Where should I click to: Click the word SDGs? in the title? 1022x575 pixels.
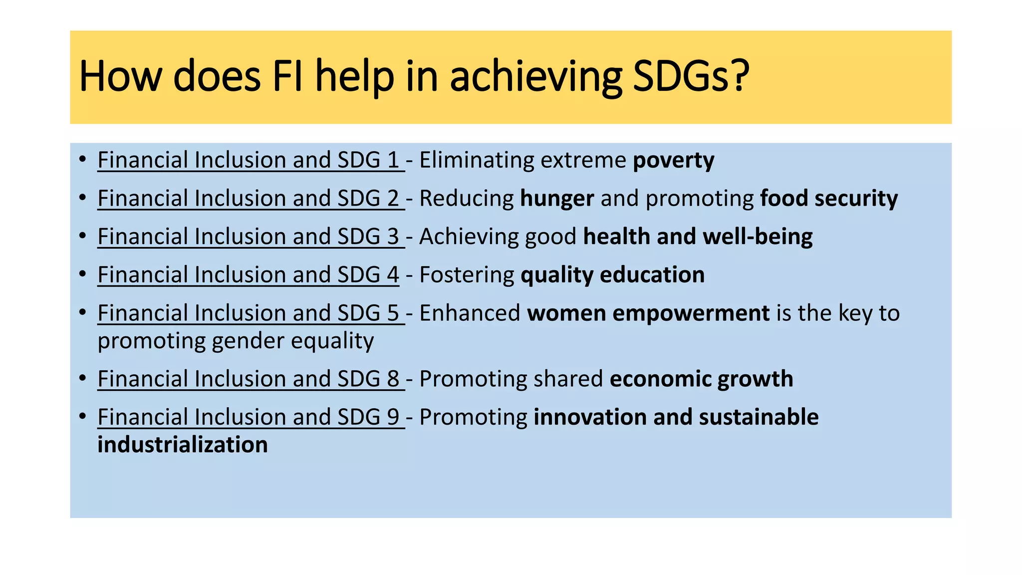point(691,76)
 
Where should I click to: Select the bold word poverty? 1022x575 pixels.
point(673,160)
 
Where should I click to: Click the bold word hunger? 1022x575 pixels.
point(556,199)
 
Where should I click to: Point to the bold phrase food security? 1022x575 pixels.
point(828,199)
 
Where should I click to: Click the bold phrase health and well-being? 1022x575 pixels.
point(697,237)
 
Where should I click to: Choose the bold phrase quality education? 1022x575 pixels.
point(612,275)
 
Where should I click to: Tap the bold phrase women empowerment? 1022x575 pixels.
point(648,313)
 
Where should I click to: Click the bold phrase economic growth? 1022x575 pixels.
point(701,379)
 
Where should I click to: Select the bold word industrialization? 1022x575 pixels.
point(183,445)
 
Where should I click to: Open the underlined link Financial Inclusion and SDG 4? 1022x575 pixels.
point(249,275)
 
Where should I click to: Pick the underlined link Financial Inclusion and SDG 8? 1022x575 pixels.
point(249,379)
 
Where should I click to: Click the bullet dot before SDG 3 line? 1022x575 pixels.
point(83,236)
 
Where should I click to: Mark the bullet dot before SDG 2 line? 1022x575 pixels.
point(83,198)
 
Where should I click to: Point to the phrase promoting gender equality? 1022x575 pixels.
point(236,341)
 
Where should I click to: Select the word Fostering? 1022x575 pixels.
point(467,275)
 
